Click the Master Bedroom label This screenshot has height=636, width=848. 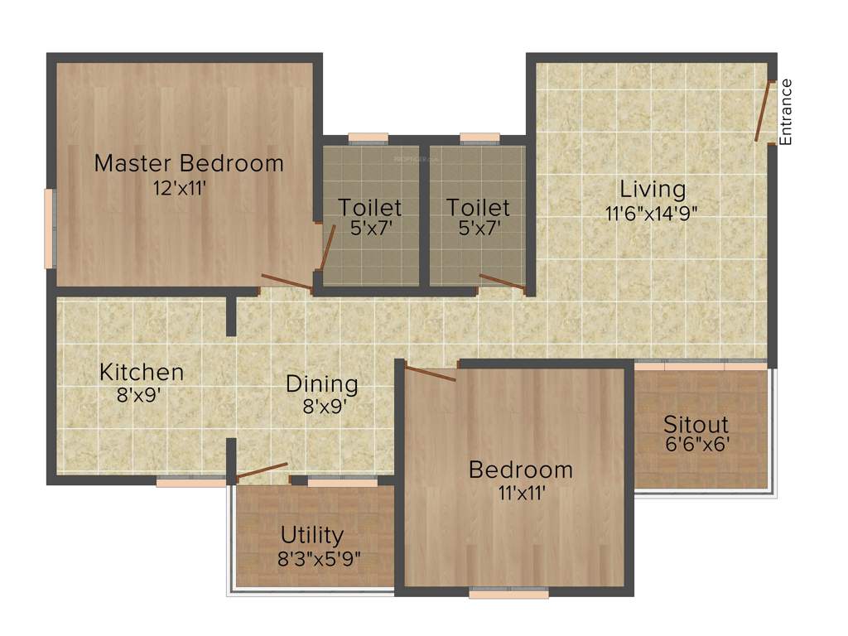189,163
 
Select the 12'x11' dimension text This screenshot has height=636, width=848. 179,187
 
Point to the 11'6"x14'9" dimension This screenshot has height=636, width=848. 652,212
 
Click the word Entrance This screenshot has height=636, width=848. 786,112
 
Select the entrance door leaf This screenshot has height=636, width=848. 763,112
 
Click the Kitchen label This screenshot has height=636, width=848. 142,373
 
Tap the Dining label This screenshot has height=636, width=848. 322,384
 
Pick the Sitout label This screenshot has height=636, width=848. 696,426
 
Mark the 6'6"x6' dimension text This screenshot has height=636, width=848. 696,445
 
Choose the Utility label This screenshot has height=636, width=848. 311,535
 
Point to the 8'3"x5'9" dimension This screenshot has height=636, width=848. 320,557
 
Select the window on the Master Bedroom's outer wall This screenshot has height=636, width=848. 50,229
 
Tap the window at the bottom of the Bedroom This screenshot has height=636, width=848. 508,593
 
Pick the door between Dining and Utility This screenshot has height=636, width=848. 262,471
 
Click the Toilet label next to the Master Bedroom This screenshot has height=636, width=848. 370,207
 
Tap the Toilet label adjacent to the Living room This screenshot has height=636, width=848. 478,207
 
